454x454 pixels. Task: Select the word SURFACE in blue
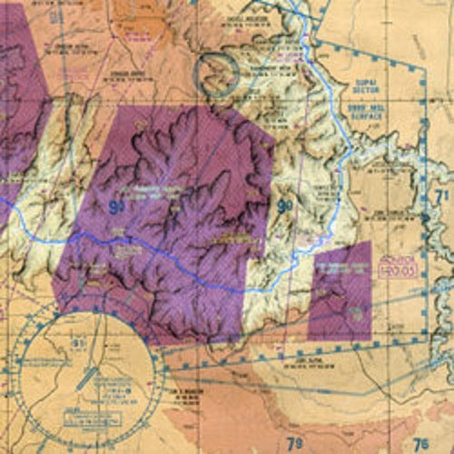coord(367,114)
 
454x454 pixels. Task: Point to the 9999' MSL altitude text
coord(366,104)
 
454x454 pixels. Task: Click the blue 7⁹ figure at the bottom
coord(295,444)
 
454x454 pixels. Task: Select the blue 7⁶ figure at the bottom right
coord(419,444)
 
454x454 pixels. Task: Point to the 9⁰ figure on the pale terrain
coord(284,208)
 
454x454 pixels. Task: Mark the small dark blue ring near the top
coord(218,69)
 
